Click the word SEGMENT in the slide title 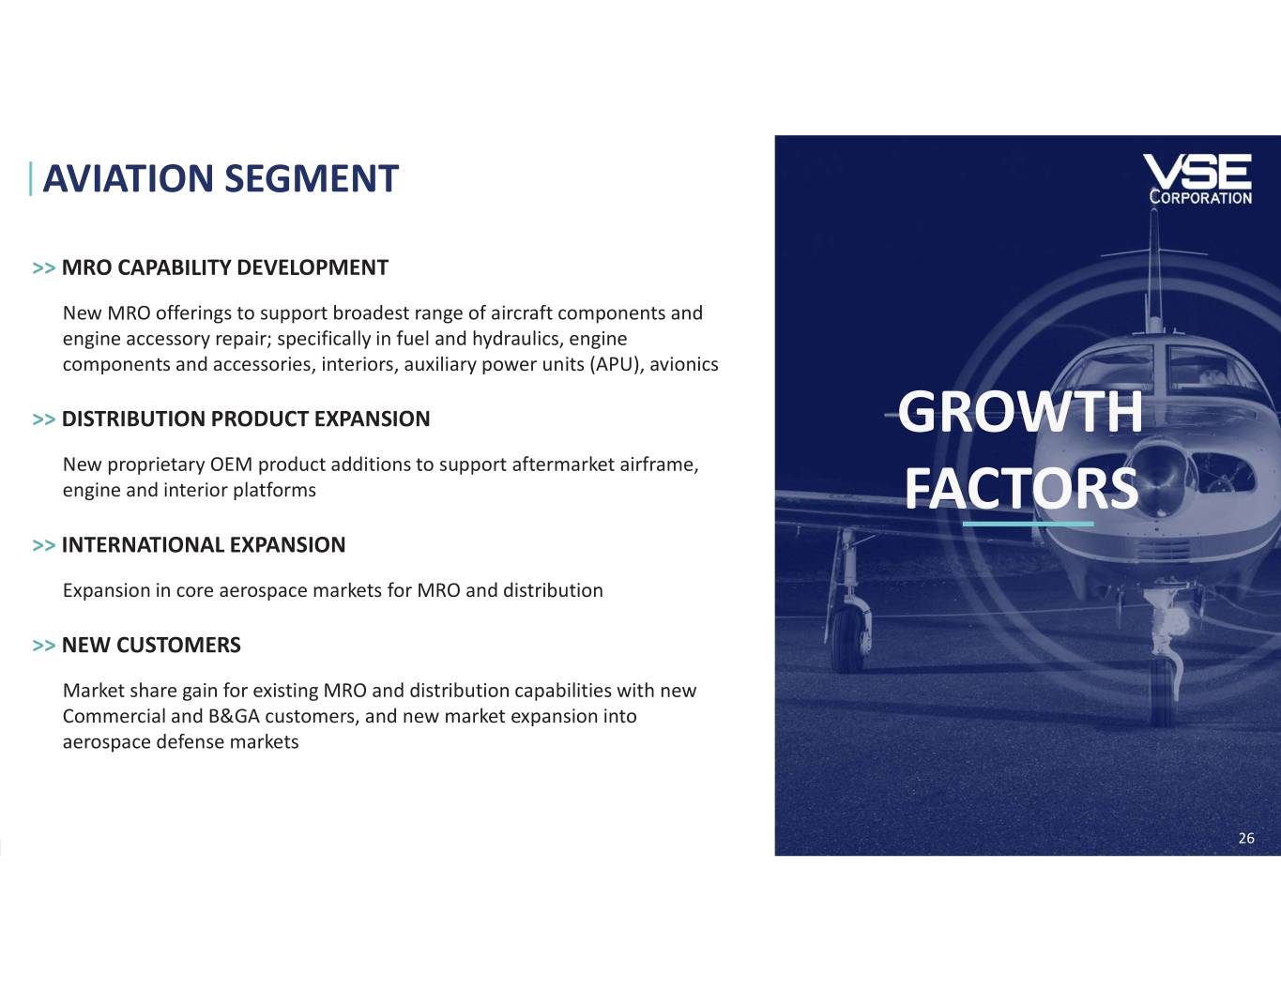(x=312, y=178)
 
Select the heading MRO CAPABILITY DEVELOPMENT (x=225, y=267)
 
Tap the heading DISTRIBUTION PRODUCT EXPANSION (x=246, y=419)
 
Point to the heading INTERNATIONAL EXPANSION (x=204, y=545)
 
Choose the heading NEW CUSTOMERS (x=151, y=646)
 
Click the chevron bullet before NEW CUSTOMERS (x=43, y=646)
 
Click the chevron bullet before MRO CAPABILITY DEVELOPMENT (x=43, y=268)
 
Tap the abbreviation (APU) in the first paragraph (x=617, y=365)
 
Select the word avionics (x=684, y=365)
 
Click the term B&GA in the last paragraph (x=234, y=717)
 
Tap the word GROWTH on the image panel (x=1020, y=412)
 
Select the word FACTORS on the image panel (x=1022, y=489)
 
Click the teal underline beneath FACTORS (x=1029, y=524)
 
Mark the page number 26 (x=1247, y=838)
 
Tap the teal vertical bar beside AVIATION (x=31, y=179)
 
